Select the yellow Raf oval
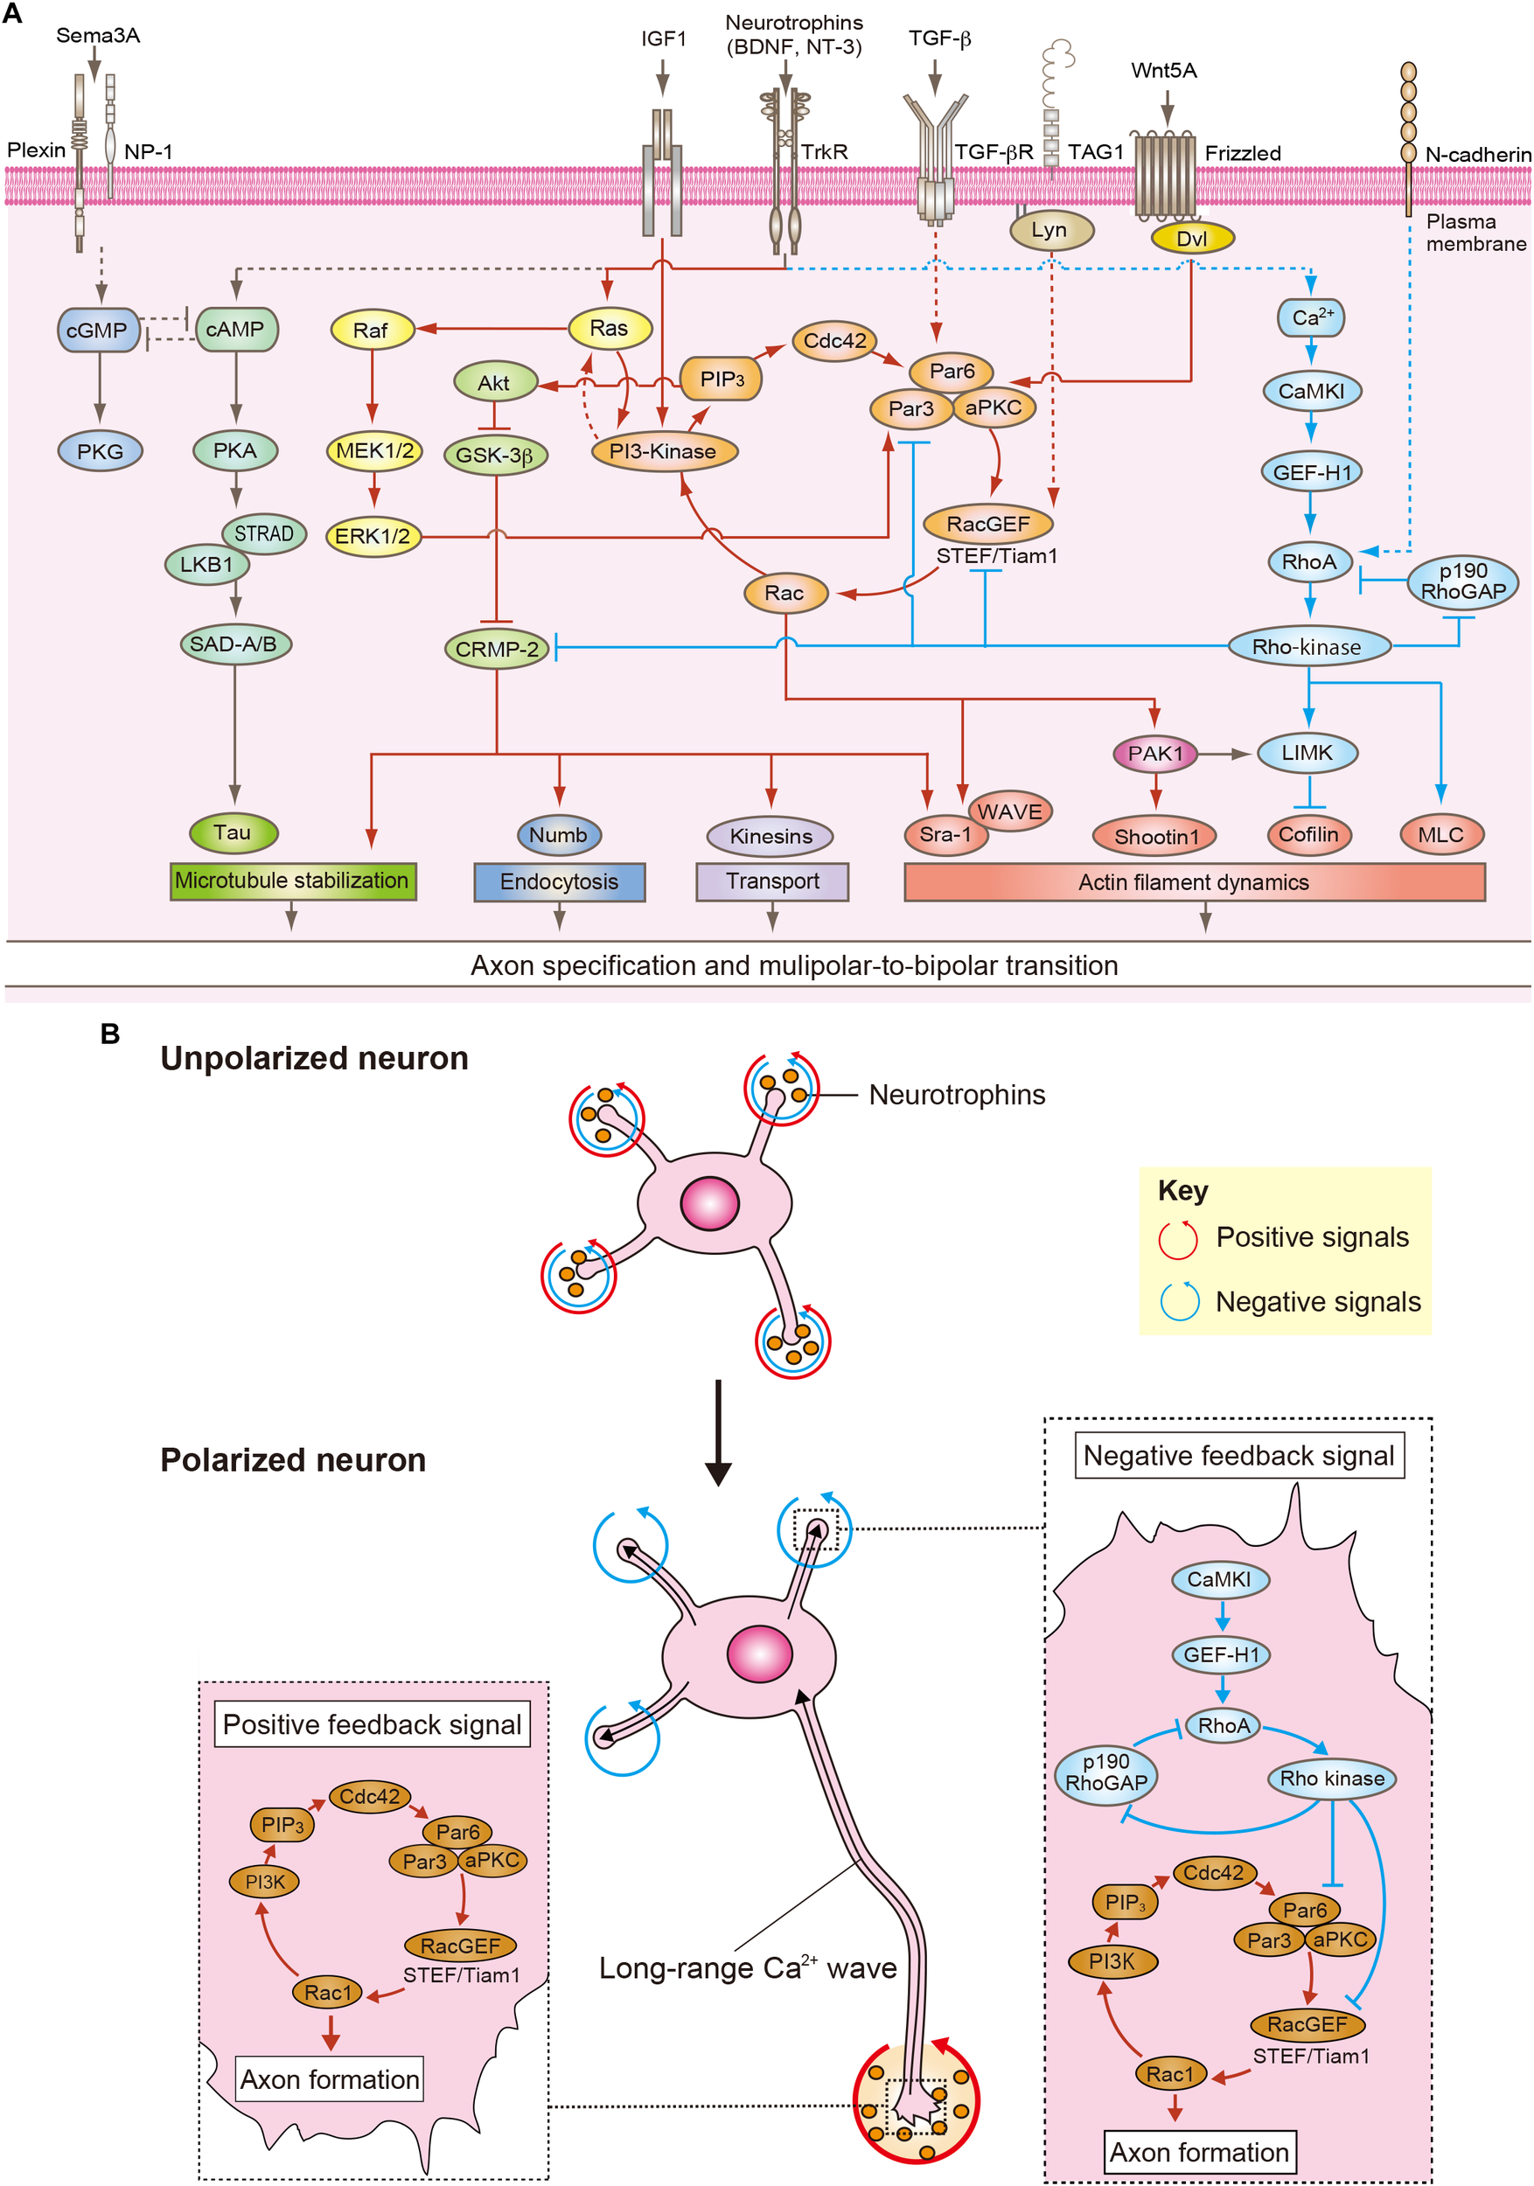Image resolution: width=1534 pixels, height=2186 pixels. pos(372,331)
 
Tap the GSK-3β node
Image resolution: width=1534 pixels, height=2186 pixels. pos(495,455)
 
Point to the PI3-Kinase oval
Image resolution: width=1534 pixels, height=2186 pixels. pos(664,451)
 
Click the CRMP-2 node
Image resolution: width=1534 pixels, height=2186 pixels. pos(496,650)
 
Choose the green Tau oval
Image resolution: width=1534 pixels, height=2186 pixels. pos(234,833)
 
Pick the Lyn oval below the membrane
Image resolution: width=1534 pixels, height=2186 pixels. pos(1050,231)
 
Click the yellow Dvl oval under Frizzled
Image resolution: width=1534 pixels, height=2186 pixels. pos(1192,239)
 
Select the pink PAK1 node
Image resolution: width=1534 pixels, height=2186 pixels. pos(1155,754)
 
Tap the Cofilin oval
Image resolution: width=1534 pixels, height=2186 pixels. pos(1308,835)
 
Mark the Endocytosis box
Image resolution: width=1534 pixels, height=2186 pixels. pos(559,881)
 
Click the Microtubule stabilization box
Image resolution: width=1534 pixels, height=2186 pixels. pos(292,881)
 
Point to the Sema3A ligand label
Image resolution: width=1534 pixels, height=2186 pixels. pos(98,36)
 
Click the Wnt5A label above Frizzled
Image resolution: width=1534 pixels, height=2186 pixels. pos(1163,71)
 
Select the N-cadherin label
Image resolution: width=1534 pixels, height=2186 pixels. pos(1478,154)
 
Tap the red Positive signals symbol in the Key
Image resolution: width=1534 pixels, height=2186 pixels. pos(1178,1239)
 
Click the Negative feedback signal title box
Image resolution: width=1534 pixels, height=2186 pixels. pos(1238,1456)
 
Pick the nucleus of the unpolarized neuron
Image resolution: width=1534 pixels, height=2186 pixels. pos(709,1203)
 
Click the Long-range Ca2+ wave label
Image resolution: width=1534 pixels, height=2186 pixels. pos(748,1968)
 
